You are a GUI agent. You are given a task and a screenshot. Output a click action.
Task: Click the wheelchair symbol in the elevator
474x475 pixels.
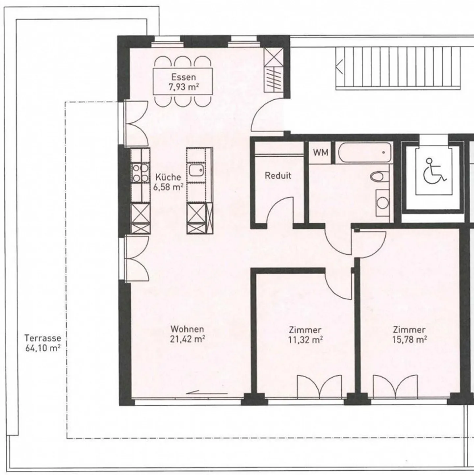tap(435, 170)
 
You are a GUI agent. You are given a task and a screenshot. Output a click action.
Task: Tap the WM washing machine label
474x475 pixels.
tap(321, 153)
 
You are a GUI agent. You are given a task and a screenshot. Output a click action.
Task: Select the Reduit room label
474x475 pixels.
tap(278, 176)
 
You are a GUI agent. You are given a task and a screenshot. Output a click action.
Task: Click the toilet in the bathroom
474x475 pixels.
tap(380, 176)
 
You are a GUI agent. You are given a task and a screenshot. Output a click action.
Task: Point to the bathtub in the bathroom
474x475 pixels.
tap(365, 152)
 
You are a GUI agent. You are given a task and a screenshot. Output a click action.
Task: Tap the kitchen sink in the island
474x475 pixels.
tap(196, 170)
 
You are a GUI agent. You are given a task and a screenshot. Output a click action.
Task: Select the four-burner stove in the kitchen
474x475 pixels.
tap(140, 173)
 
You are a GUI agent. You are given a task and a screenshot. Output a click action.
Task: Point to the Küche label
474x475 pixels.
tap(168, 177)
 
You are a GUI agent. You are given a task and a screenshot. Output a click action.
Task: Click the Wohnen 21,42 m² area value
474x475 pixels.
tap(187, 339)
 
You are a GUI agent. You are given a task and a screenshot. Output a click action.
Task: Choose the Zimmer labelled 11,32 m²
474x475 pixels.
tap(305, 335)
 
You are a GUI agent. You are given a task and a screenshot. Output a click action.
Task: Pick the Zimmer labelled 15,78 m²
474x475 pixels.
tap(409, 335)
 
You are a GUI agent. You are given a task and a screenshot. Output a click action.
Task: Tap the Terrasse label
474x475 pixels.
tap(43, 337)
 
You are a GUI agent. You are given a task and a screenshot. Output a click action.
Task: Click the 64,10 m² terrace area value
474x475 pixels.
tap(43, 349)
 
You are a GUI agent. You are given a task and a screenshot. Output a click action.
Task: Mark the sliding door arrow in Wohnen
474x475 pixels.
tap(207, 392)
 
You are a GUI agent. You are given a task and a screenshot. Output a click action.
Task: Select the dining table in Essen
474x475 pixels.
tap(183, 81)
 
